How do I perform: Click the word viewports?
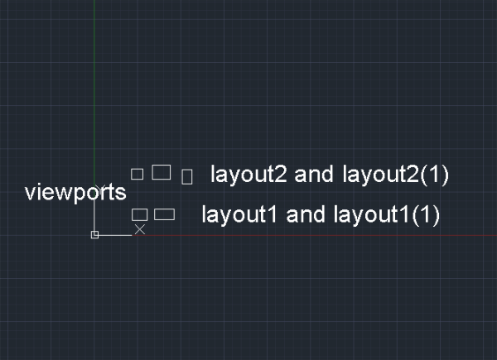click(75, 194)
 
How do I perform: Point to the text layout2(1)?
click(393, 175)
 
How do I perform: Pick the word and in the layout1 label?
click(305, 215)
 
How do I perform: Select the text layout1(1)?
click(385, 215)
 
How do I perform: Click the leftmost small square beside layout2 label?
click(138, 174)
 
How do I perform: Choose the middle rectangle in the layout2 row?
click(162, 172)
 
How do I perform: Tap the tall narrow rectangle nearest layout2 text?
click(187, 176)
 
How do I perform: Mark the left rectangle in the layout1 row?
click(139, 214)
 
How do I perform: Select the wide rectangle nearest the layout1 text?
click(165, 214)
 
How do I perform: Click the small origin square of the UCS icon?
click(94, 235)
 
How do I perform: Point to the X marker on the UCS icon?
click(140, 229)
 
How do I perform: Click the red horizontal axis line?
click(331, 236)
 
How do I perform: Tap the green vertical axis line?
click(94, 83)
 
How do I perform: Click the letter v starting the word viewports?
click(30, 195)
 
